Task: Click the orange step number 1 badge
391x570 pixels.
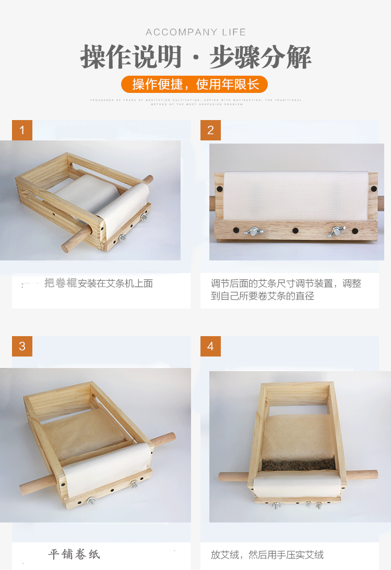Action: tap(22, 130)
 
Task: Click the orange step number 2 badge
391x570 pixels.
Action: tap(210, 130)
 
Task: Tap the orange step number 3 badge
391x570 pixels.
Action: tap(22, 346)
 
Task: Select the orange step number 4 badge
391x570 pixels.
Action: tap(210, 346)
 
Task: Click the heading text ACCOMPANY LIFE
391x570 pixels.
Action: tap(196, 32)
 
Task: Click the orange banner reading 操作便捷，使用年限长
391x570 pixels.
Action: tap(195, 84)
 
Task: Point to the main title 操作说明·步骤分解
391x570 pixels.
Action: tap(196, 57)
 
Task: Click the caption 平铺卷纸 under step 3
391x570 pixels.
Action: tap(74, 554)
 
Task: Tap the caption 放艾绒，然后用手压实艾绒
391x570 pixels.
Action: tap(267, 554)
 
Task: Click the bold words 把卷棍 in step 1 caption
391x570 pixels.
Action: tap(61, 283)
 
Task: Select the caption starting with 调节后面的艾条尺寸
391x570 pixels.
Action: tap(286, 290)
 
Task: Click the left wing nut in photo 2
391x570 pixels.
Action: tap(256, 231)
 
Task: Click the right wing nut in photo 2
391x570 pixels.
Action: tap(337, 231)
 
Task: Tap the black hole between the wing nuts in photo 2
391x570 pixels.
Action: tap(295, 231)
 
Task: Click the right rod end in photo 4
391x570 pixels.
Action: tap(373, 474)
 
